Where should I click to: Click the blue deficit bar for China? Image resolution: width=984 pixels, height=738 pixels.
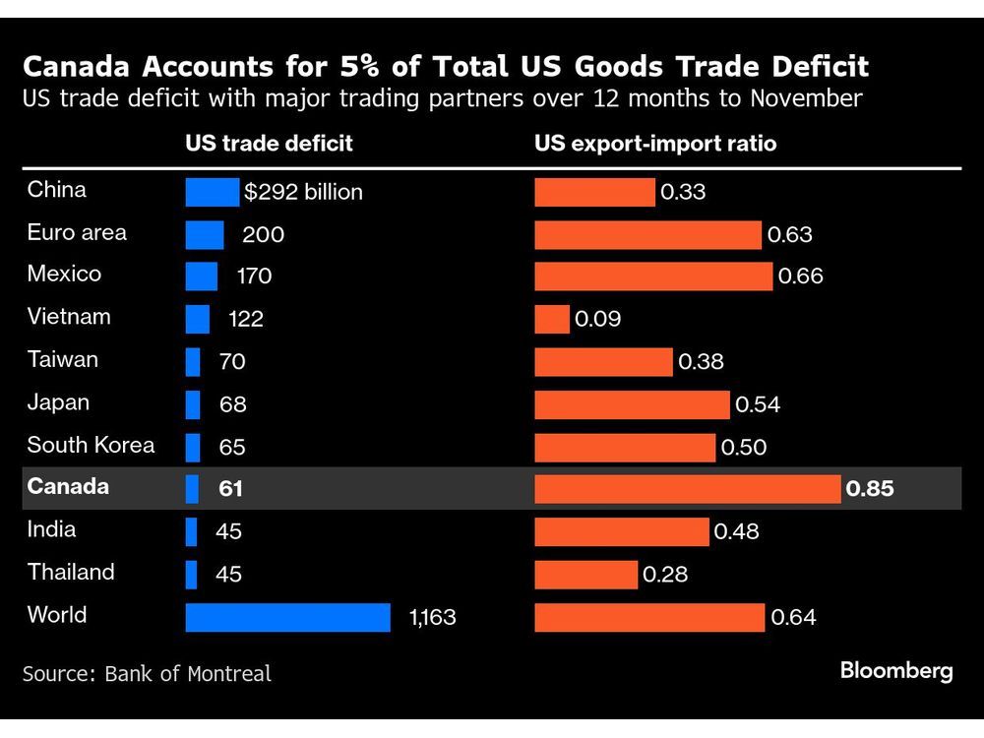point(212,192)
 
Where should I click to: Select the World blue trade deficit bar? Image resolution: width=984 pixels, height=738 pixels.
point(287,617)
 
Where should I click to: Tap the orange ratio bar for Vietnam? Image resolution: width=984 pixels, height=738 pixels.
point(551,319)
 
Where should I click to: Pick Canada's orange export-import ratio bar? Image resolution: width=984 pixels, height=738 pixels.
point(687,489)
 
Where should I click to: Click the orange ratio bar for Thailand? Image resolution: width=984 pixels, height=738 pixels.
point(585,575)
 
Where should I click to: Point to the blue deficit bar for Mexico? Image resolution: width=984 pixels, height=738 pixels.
point(201,277)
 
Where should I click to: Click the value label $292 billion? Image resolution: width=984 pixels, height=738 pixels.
point(304,193)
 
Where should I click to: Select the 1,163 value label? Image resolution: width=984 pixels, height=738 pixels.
point(433,618)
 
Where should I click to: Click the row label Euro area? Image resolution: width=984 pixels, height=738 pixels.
point(77,233)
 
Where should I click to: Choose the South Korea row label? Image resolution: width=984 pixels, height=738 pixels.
point(91,445)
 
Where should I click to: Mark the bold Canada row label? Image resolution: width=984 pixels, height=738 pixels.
point(68,487)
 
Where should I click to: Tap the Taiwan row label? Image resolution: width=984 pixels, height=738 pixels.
point(63,359)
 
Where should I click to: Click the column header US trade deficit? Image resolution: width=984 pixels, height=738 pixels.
point(269,144)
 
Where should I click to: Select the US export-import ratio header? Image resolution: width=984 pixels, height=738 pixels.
point(655,144)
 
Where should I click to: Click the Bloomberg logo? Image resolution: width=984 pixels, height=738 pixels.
point(896,671)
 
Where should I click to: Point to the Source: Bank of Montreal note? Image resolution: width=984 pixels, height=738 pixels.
point(147,674)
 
